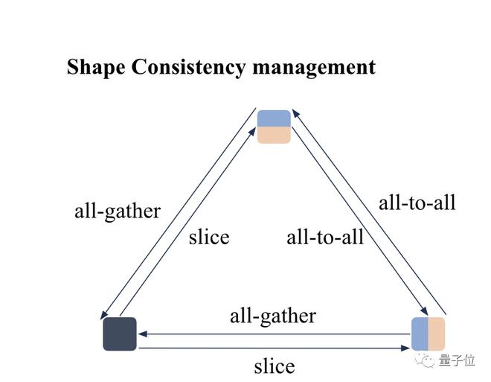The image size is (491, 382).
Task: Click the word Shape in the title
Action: (x=96, y=67)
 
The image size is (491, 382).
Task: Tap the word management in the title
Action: (x=314, y=67)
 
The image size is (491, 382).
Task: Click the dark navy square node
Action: (x=120, y=334)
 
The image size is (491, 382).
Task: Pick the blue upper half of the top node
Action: (x=274, y=118)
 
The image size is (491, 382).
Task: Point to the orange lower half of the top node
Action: (x=274, y=135)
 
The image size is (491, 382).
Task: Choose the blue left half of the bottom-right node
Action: (x=420, y=334)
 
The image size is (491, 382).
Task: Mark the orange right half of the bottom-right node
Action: (x=437, y=334)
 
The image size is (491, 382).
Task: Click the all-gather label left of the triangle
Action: (x=118, y=211)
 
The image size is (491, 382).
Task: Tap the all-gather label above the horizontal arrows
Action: (x=273, y=316)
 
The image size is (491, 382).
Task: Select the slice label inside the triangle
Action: (x=209, y=237)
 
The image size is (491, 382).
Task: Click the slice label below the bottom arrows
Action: (x=275, y=366)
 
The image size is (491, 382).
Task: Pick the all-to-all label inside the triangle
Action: (x=325, y=237)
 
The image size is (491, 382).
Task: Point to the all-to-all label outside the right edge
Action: (x=417, y=203)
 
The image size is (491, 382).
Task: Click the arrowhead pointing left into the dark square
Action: (x=143, y=334)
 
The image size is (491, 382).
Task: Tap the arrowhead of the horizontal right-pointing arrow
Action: (x=405, y=348)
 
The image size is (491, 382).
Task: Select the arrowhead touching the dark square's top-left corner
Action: (x=103, y=315)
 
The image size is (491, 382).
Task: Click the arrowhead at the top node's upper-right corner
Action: (x=296, y=113)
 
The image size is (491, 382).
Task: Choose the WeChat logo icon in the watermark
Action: (x=425, y=360)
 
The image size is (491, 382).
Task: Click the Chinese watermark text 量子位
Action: (x=457, y=360)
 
